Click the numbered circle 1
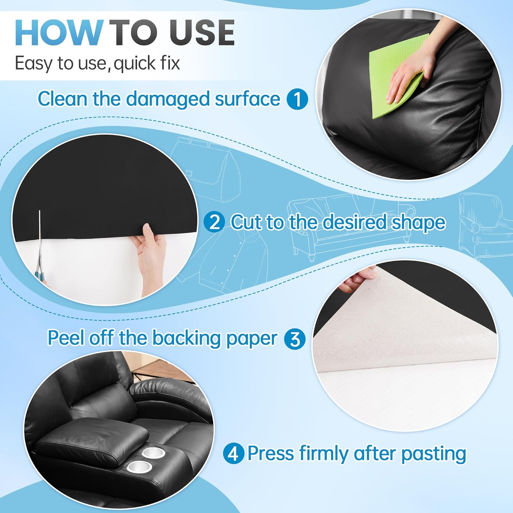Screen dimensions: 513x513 tap(297, 99)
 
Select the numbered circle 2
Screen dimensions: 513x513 tap(214, 222)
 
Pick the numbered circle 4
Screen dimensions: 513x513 tap(233, 454)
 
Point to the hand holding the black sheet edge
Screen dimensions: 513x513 tap(150, 253)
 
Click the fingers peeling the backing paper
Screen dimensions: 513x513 tap(359, 279)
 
